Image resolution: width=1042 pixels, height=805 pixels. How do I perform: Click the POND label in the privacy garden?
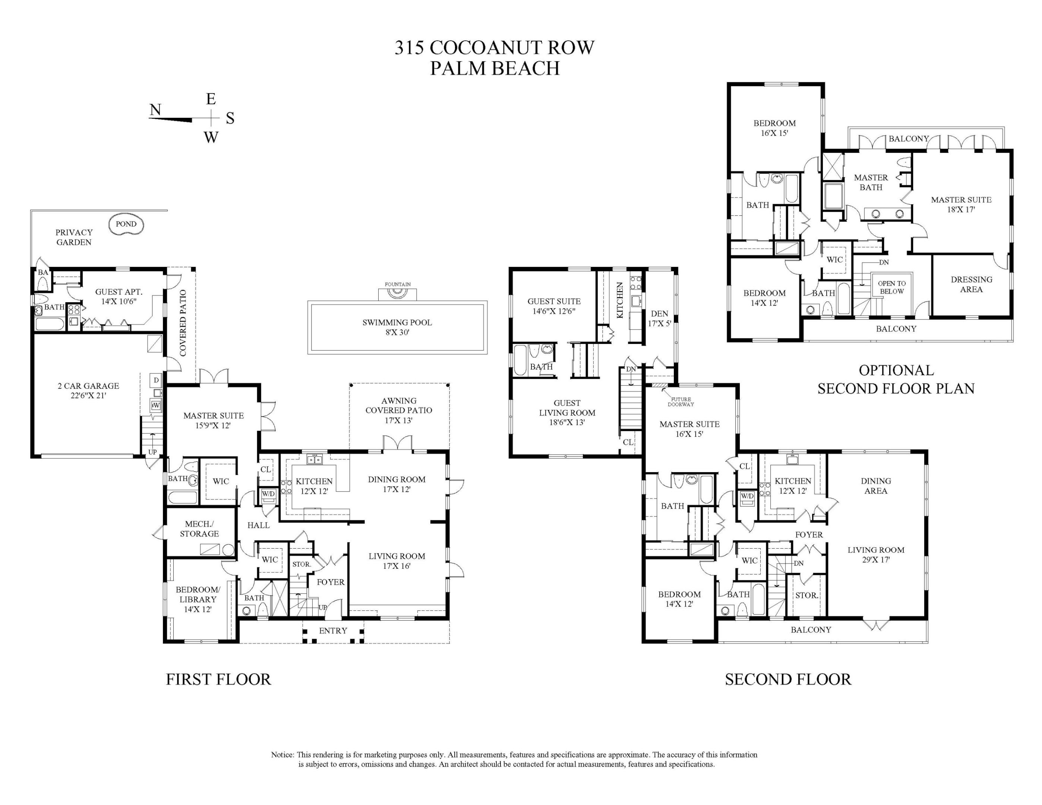(x=126, y=224)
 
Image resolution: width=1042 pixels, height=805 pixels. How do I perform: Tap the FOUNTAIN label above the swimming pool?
(x=397, y=284)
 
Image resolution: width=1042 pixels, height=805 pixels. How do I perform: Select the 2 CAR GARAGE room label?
(x=88, y=390)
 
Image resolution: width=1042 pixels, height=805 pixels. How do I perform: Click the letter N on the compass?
(x=155, y=110)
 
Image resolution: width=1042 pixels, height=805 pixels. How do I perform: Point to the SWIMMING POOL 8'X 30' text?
(x=397, y=327)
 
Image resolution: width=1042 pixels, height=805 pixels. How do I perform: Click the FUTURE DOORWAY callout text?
(x=681, y=402)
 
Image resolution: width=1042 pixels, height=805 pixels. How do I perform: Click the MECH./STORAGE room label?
(x=199, y=529)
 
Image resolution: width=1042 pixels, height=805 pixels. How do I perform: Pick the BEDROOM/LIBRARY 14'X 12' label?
(x=198, y=599)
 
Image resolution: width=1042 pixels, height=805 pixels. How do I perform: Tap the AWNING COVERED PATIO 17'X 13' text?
(x=398, y=410)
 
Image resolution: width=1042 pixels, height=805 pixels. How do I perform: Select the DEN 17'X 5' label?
(x=659, y=318)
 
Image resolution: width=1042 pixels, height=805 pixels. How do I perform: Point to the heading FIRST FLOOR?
(x=218, y=679)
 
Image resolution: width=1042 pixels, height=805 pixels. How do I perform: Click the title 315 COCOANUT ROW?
(x=494, y=48)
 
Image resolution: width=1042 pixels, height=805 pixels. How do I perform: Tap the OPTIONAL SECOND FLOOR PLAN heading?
(x=896, y=379)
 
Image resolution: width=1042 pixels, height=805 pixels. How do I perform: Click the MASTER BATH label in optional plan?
(x=871, y=182)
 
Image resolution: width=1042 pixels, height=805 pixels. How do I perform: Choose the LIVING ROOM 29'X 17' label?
(x=875, y=555)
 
